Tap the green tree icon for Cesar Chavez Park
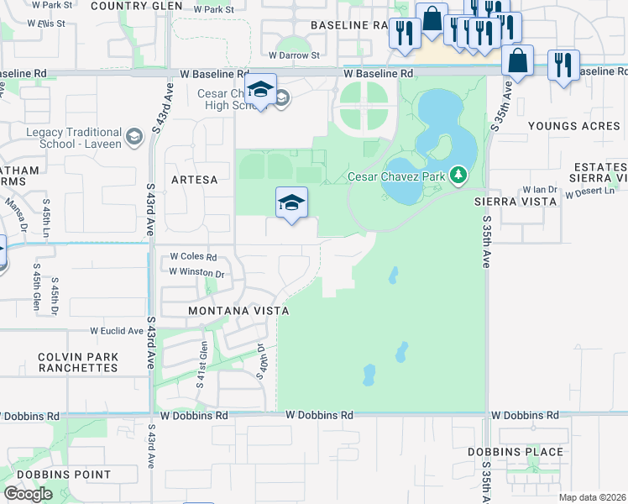point(458,176)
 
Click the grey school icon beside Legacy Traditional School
point(133,137)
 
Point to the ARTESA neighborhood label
point(193,180)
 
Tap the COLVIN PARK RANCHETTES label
point(78,362)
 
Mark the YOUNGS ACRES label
point(574,127)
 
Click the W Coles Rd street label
point(194,257)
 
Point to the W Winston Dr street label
point(197,272)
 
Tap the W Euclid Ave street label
point(117,331)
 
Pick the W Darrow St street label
point(295,55)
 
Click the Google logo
point(28,494)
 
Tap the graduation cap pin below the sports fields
point(291,203)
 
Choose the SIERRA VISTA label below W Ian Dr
point(515,202)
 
